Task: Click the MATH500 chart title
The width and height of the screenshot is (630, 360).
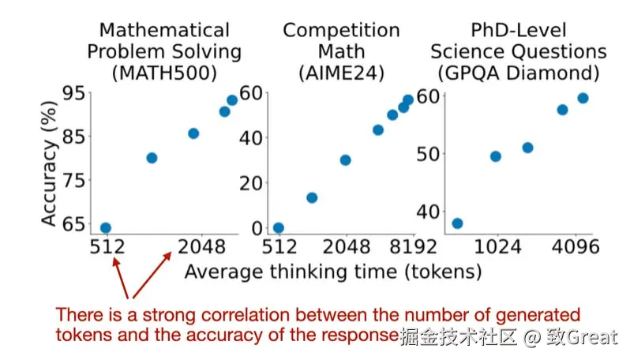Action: [x=164, y=52]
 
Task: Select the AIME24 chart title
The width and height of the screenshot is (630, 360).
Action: [x=342, y=52]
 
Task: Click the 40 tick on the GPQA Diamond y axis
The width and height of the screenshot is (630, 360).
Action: [x=427, y=211]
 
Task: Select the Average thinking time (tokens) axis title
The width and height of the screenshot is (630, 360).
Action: [x=332, y=272]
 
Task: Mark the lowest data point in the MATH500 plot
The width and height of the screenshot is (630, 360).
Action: [x=105, y=228]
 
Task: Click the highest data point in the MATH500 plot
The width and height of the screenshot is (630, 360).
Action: [x=232, y=100]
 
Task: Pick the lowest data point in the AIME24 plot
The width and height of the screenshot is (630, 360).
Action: [x=278, y=227]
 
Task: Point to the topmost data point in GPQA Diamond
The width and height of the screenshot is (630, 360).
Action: [x=583, y=98]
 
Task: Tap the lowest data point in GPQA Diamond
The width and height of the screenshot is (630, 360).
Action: [x=457, y=223]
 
